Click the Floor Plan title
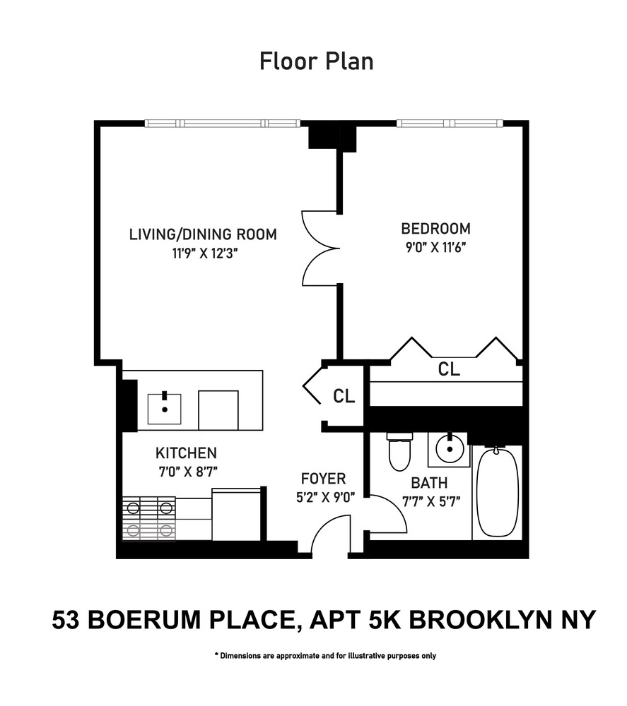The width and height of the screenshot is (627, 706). [316, 61]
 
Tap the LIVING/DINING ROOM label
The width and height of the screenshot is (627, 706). [202, 234]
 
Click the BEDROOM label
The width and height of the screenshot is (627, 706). [435, 229]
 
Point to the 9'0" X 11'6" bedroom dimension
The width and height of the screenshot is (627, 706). [435, 248]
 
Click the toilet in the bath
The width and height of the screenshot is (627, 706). [399, 454]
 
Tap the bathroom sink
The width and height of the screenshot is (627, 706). [448, 449]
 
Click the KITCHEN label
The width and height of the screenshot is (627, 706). [186, 453]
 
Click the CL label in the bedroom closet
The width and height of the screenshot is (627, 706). [450, 369]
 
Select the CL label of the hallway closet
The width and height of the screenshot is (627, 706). [344, 396]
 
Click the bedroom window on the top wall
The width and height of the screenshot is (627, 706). [450, 124]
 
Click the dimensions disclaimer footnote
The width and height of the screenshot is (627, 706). [325, 656]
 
